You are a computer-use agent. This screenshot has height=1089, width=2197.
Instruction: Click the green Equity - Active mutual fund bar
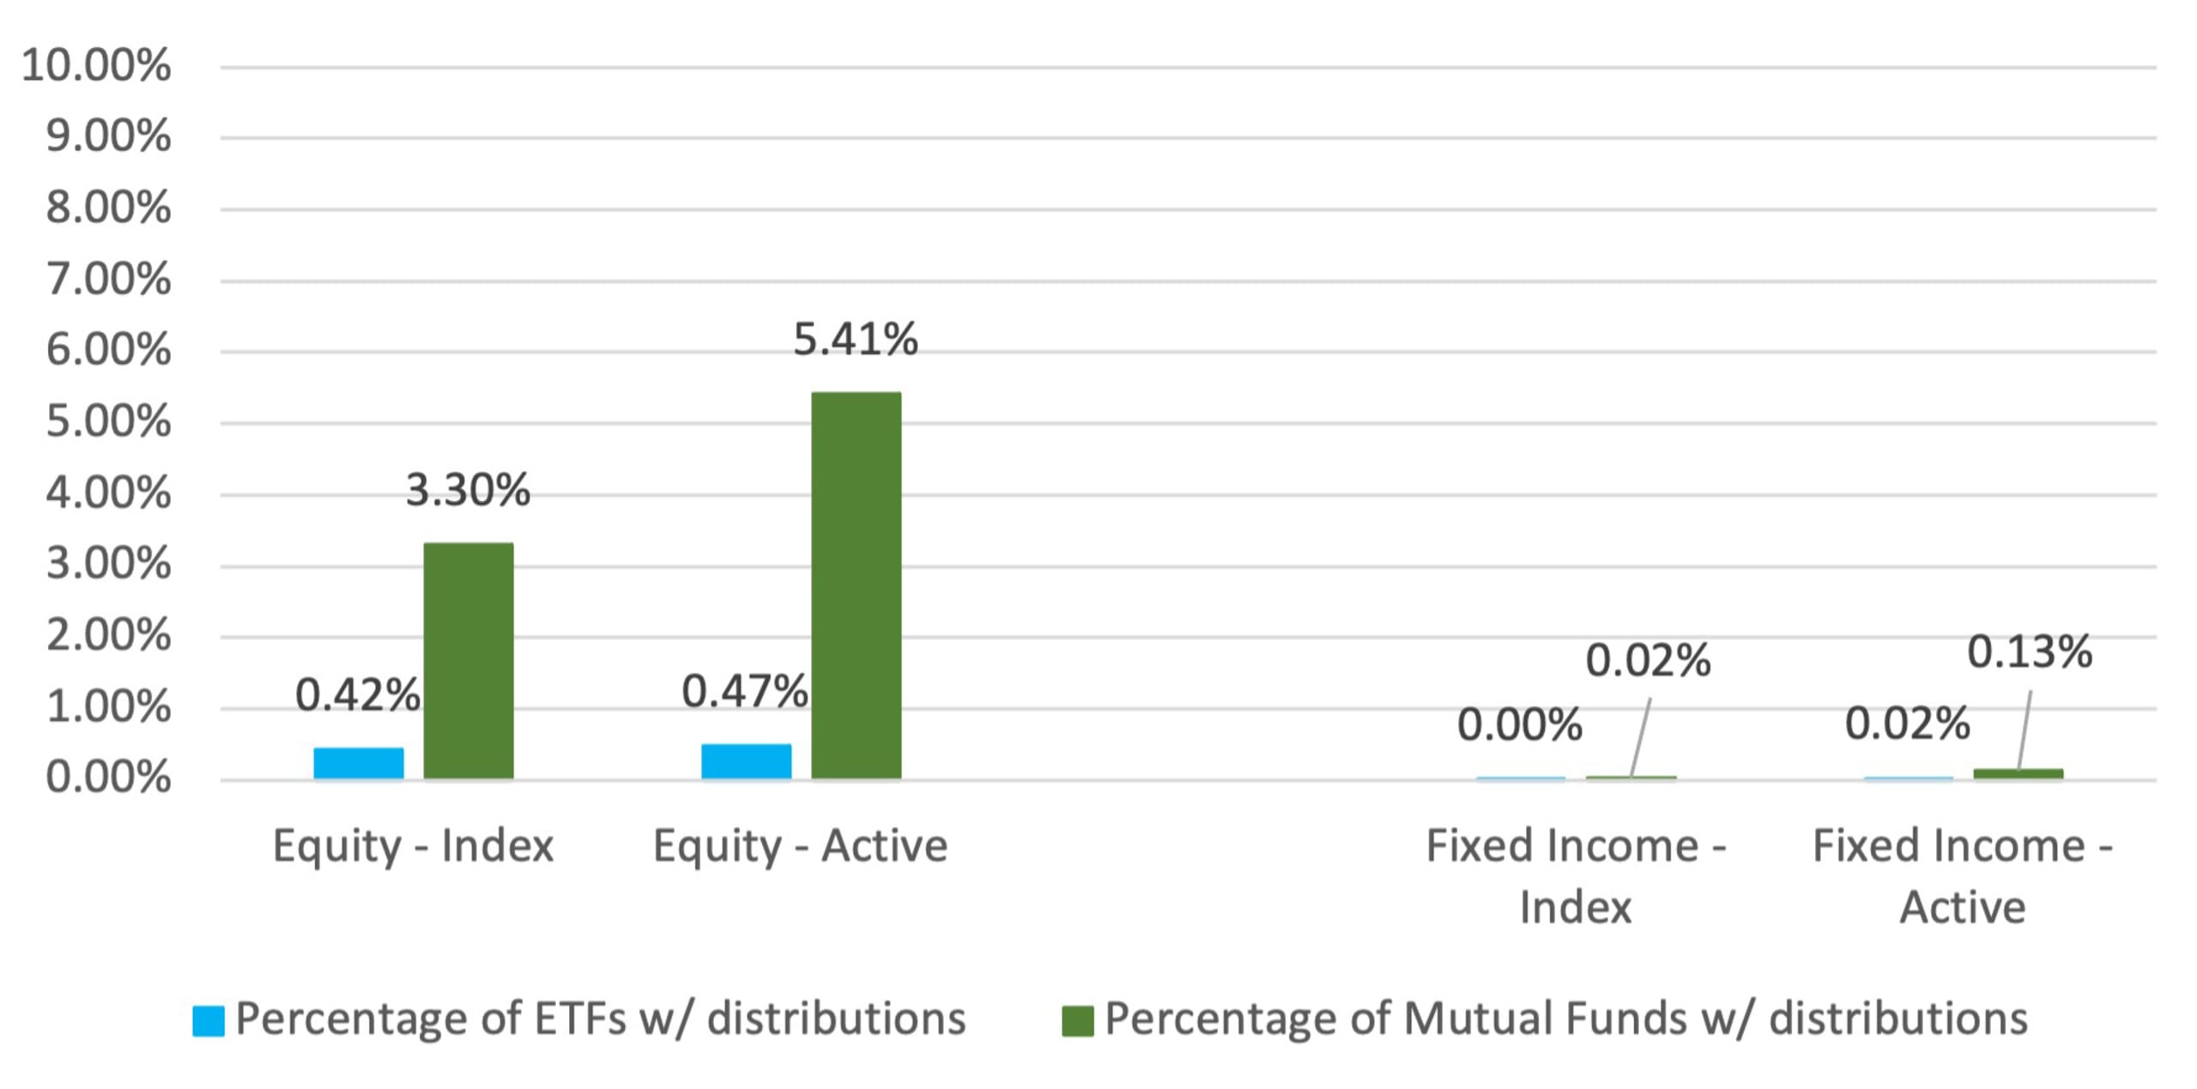click(856, 585)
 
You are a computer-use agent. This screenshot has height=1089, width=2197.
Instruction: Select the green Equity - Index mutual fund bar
click(469, 661)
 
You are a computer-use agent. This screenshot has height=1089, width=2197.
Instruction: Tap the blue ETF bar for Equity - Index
click(359, 763)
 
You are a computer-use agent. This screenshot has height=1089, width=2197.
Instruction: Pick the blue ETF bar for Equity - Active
click(746, 761)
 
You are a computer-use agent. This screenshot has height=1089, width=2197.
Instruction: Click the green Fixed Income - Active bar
click(2018, 774)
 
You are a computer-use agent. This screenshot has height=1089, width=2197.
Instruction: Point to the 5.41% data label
click(855, 339)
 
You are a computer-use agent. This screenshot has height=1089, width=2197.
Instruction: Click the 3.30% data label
click(468, 490)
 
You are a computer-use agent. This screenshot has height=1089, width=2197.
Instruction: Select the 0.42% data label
click(357, 694)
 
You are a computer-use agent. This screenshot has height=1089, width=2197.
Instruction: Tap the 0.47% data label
click(744, 691)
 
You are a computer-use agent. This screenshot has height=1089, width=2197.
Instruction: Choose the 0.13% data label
click(2029, 651)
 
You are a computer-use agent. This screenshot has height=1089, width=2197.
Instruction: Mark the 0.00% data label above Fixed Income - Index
click(1519, 724)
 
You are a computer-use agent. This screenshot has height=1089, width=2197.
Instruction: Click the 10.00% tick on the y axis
click(96, 65)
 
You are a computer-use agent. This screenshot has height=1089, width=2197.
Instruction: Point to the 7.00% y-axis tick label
click(108, 280)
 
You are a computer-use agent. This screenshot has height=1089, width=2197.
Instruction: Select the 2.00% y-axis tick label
click(108, 636)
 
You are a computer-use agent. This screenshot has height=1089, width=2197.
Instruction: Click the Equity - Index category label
click(413, 846)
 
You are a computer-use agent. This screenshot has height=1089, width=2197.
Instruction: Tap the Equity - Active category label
click(800, 846)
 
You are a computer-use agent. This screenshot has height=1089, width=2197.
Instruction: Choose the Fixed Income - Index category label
click(1576, 875)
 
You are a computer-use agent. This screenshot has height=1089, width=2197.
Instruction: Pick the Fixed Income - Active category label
click(1963, 875)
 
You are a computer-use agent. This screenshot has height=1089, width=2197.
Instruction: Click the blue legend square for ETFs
click(209, 1020)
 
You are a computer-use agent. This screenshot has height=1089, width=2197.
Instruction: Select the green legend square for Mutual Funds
click(1077, 1020)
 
